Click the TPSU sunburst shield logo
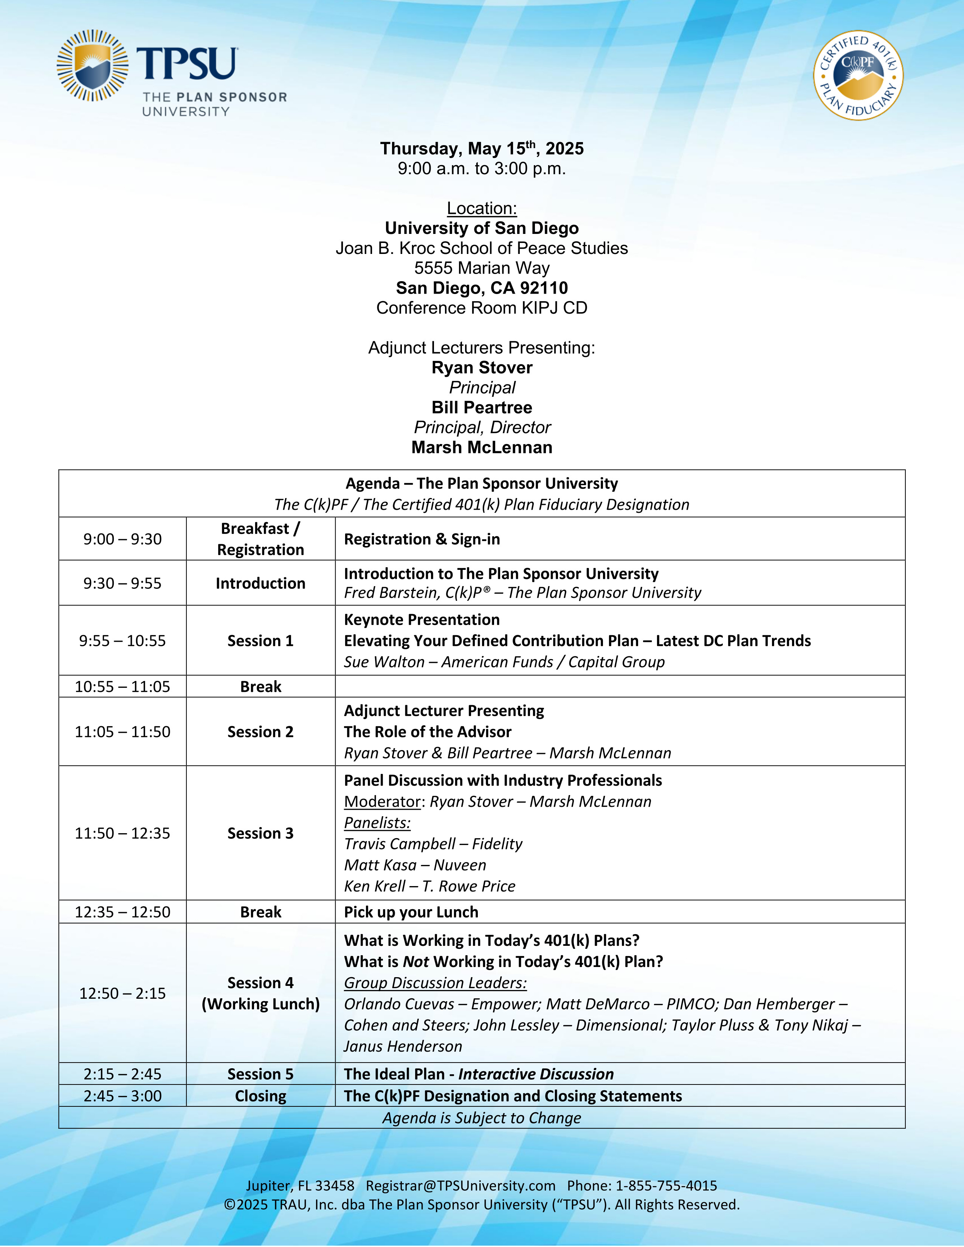93,66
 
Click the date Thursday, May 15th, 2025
481,149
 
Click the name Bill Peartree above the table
481,407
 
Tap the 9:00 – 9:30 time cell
122,539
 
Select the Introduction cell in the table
260,583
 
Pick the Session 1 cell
260,641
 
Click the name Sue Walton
384,662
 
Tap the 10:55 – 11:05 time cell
122,686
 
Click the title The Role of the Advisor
427,732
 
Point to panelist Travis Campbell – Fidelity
433,844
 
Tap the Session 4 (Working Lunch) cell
260,993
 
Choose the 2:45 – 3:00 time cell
122,1096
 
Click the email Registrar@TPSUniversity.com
460,1186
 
